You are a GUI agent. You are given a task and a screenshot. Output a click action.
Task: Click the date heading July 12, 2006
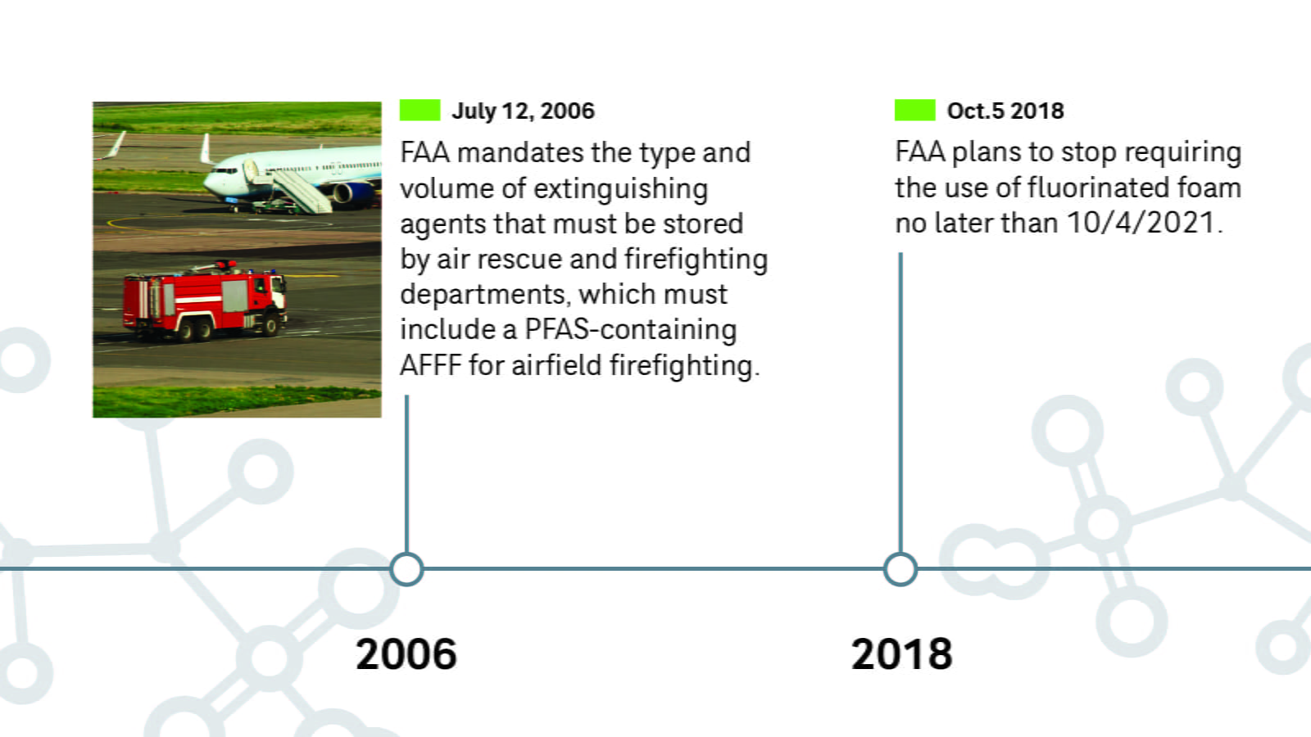pos(523,111)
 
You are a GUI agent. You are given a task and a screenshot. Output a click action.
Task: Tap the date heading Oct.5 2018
pos(1005,111)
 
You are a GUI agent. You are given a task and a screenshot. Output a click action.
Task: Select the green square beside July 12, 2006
pos(420,110)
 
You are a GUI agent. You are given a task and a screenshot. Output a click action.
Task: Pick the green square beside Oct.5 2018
pos(914,110)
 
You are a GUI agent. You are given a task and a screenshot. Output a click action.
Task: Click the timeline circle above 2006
pos(406,569)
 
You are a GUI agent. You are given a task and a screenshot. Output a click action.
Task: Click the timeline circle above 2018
pos(900,569)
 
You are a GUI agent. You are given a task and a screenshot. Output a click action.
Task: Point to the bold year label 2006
pos(406,654)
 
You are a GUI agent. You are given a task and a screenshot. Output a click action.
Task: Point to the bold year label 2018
pos(901,654)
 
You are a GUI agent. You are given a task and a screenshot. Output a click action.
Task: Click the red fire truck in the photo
pos(205,299)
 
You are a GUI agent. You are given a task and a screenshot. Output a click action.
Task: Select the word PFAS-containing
pos(630,329)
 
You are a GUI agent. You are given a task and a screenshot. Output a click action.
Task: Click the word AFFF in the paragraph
pos(430,365)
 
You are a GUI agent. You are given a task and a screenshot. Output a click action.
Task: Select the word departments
pos(483,294)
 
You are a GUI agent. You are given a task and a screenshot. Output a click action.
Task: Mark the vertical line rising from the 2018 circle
pos(900,401)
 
